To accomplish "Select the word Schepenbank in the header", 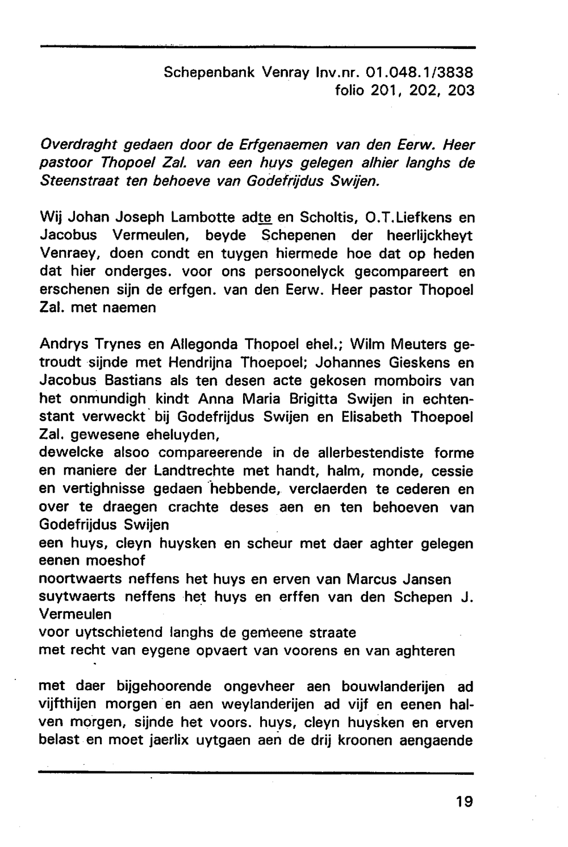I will click(x=210, y=73).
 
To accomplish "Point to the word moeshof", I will click(x=115, y=561).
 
